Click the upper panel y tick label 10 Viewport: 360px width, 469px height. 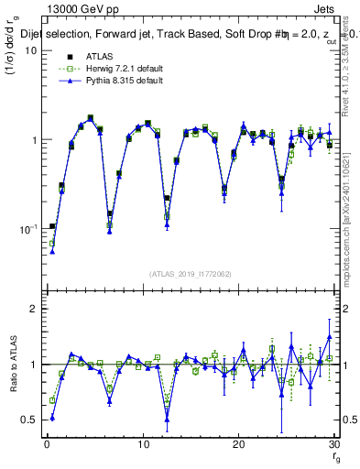[x=30, y=51]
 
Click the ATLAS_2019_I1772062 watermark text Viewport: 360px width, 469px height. [x=191, y=274]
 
